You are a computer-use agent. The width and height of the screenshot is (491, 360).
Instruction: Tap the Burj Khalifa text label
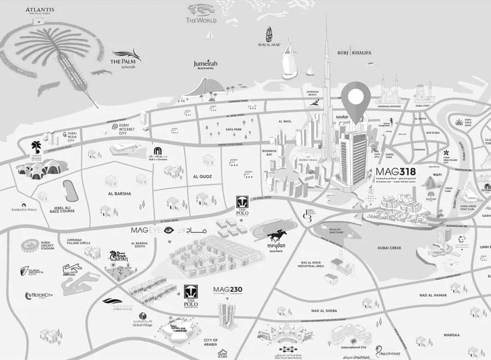click(x=354, y=52)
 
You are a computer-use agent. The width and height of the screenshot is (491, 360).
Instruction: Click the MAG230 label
click(x=227, y=290)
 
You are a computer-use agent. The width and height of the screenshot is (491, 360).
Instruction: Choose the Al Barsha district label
click(x=118, y=194)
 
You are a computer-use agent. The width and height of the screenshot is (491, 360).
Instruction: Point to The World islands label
click(x=201, y=20)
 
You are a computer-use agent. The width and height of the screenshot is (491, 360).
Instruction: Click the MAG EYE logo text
click(x=145, y=230)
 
